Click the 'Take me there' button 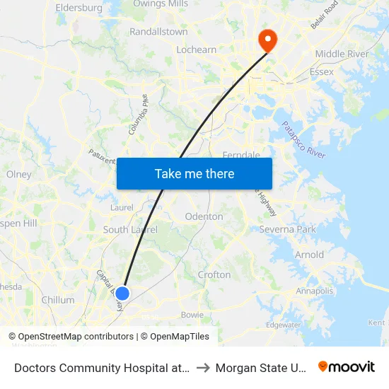pos(194,173)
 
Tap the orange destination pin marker pos(268,40)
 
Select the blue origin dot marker pos(122,294)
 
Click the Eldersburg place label pos(79,8)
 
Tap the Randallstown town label pos(158,32)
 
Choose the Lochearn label pos(196,50)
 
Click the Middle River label pos(342,54)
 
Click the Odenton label pos(204,216)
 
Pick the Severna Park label pos(287,230)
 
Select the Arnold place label pos(309,255)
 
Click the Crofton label pos(214,274)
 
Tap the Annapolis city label pos(314,291)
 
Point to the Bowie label pos(192,315)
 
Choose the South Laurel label pos(125,229)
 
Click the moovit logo pos(347,366)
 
